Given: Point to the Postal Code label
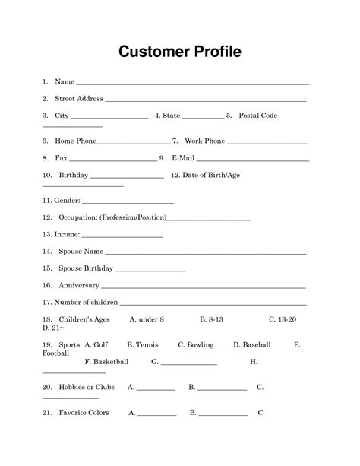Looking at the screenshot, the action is point(258,116).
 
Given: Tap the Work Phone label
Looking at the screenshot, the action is point(204,141).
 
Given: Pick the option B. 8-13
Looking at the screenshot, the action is point(211,320).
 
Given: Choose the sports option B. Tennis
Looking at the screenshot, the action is point(142,344).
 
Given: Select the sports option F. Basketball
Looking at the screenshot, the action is point(106,361).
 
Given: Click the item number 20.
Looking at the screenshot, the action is point(46,387).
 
